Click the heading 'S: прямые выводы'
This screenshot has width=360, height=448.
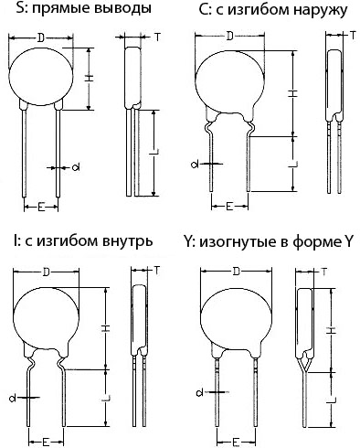point(84,9)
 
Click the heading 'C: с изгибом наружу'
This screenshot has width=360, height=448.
point(273,10)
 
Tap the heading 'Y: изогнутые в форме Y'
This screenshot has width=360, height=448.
point(269,242)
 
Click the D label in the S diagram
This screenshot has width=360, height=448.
point(41,37)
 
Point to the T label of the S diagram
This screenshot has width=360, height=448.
point(157,37)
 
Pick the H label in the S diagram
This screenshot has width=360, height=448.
point(89,79)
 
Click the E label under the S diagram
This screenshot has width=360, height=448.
point(41,208)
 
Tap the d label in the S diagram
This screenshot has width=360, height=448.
point(76,167)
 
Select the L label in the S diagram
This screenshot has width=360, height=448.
point(154,153)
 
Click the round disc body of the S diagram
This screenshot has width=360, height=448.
point(41,77)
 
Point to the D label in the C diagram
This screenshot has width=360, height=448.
point(230,37)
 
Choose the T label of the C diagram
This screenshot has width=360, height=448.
point(353,36)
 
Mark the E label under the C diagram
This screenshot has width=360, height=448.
point(229,207)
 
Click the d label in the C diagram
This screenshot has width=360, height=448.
point(195,165)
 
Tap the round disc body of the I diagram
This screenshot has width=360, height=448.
point(47,319)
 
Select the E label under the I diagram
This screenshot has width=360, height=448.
point(46,442)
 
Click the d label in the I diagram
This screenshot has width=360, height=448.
point(13,398)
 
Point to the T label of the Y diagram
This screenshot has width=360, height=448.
point(323,272)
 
